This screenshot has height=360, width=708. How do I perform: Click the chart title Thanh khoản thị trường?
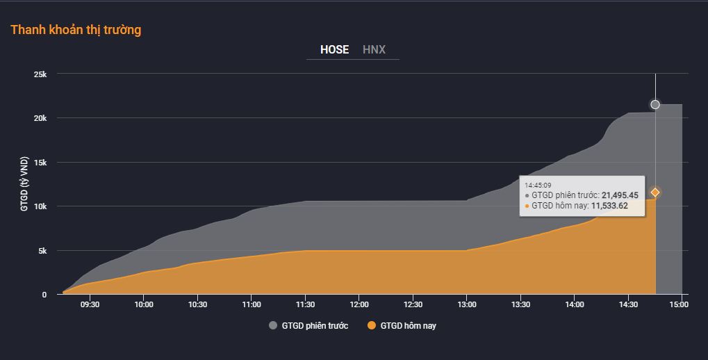coord(76,30)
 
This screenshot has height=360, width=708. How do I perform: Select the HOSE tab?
coord(334,49)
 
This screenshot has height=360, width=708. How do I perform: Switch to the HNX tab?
coord(374,49)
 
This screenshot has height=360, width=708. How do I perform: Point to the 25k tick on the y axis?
coord(40,74)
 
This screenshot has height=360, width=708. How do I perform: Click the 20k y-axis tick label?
coord(40,118)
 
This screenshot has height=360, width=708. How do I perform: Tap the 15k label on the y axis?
coord(40,163)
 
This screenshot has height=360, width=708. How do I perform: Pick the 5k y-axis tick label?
coord(42,251)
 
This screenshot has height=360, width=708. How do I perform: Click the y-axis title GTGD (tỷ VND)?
coord(24,184)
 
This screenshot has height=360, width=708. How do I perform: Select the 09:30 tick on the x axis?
coord(90,304)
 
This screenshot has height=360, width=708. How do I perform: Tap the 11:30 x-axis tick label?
coord(305,304)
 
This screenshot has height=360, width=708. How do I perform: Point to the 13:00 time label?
coord(467,304)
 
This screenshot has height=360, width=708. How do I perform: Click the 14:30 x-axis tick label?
coord(628,304)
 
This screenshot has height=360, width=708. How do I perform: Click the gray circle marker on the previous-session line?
coord(655,104)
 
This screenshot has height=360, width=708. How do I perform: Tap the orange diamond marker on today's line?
coord(655,192)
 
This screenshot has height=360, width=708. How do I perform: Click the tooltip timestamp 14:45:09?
coord(538,186)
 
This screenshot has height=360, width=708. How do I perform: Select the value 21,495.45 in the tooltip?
coord(620,195)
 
